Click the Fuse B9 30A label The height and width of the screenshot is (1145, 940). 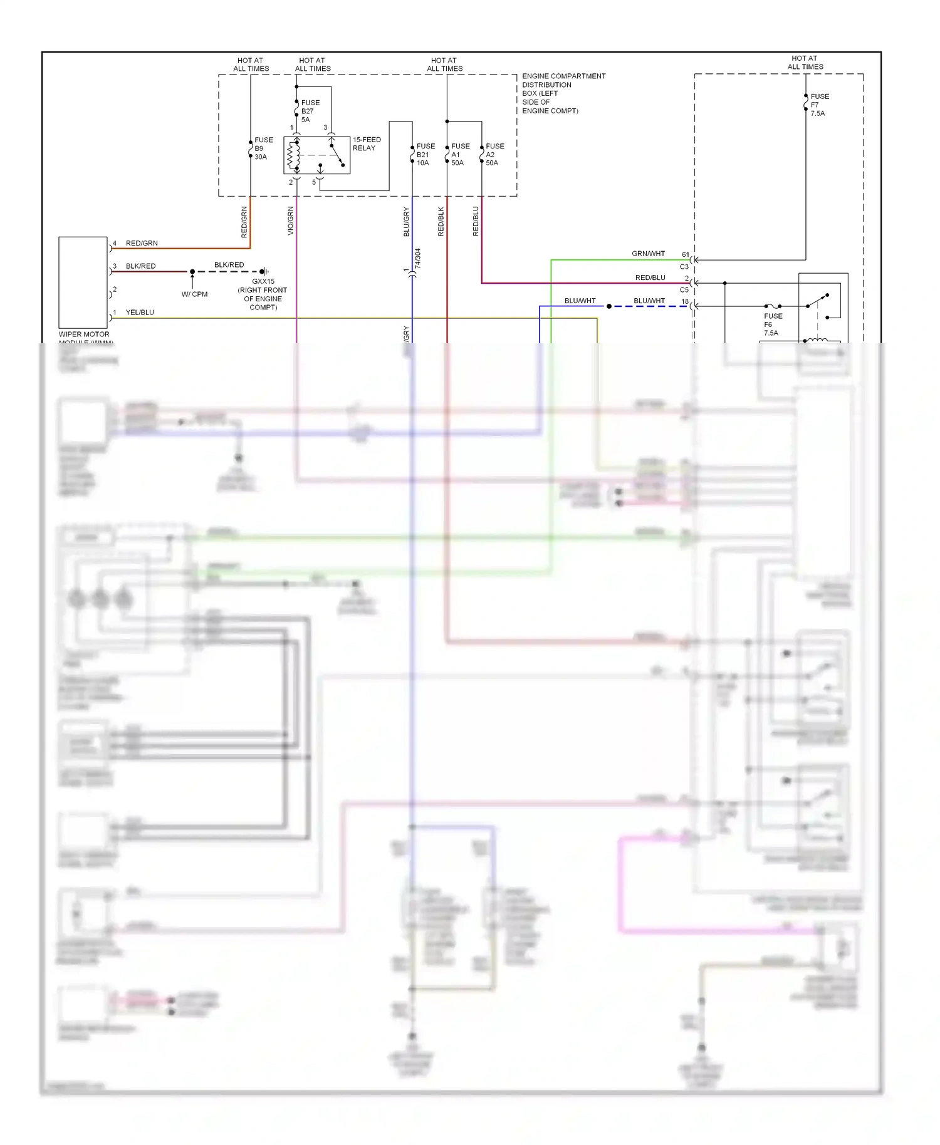click(x=263, y=148)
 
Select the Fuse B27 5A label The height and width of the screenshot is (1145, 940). click(x=310, y=111)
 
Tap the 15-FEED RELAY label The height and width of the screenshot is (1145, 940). click(x=367, y=144)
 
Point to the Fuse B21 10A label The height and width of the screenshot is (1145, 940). click(x=426, y=154)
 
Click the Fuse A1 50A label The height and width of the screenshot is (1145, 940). click(x=460, y=154)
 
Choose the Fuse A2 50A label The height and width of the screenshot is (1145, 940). click(x=494, y=154)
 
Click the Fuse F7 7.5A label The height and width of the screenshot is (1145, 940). click(x=819, y=105)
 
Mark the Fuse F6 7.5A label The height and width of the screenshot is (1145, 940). click(x=773, y=324)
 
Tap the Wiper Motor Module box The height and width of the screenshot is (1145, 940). click(x=83, y=282)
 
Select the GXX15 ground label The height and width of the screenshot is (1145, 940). click(x=263, y=294)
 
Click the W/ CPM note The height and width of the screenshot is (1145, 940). click(x=194, y=294)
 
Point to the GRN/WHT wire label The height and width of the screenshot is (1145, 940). click(x=648, y=254)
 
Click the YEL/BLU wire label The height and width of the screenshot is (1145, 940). click(x=140, y=313)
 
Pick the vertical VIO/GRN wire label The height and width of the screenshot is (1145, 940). click(x=291, y=220)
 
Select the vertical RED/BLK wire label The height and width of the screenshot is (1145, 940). click(x=441, y=221)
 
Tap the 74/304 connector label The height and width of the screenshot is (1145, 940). click(x=418, y=258)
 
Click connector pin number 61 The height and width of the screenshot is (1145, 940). click(x=685, y=254)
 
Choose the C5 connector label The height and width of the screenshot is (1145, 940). click(x=684, y=290)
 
